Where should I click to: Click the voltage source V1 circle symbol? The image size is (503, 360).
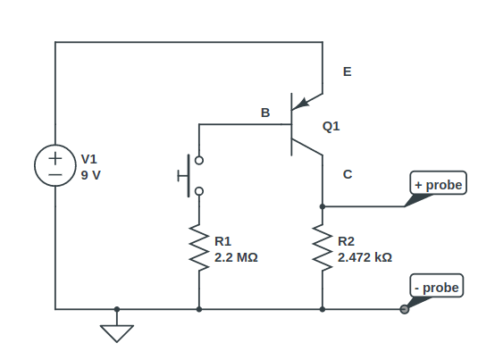[x=55, y=167]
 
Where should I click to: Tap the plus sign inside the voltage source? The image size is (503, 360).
[x=55, y=157]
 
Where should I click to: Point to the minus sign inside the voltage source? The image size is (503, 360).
[x=55, y=177]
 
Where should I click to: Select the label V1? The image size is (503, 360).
[x=89, y=159]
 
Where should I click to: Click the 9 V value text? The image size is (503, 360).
[x=91, y=175]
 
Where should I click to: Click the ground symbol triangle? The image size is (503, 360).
[x=116, y=332]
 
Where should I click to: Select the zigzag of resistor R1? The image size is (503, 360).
[x=198, y=247]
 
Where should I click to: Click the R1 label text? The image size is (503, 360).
[x=223, y=240]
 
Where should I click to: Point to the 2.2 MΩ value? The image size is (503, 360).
[x=236, y=256]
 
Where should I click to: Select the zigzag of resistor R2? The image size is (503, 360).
[x=322, y=247]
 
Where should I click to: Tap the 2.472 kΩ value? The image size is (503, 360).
[x=365, y=256]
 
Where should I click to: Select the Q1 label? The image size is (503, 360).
[x=331, y=127]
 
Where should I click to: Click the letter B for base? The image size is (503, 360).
[x=264, y=113]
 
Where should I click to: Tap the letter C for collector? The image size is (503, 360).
[x=347, y=175]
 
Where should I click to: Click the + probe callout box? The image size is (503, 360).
[x=439, y=185]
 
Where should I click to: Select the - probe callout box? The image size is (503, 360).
[x=437, y=288]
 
